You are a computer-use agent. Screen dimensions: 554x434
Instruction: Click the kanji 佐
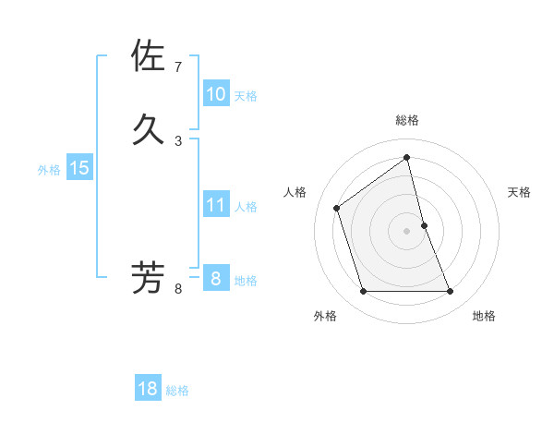pyautogui.click(x=149, y=56)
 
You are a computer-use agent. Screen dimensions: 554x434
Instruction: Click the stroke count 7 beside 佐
pyautogui.click(x=178, y=67)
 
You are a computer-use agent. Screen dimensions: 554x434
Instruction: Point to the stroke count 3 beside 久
pyautogui.click(x=178, y=140)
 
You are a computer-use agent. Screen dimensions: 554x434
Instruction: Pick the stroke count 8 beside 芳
pyautogui.click(x=178, y=289)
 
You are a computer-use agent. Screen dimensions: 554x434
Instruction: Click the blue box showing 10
pyautogui.click(x=215, y=94)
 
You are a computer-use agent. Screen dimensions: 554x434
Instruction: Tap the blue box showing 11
pyautogui.click(x=215, y=205)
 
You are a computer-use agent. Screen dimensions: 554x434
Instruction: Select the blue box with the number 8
pyautogui.click(x=215, y=279)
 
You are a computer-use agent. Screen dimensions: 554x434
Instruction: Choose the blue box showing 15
pyautogui.click(x=79, y=168)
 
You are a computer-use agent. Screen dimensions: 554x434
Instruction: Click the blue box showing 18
pyautogui.click(x=148, y=389)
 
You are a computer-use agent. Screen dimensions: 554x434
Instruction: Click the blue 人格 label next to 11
pyautogui.click(x=246, y=207)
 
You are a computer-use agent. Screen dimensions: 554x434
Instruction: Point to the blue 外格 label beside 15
pyautogui.click(x=49, y=170)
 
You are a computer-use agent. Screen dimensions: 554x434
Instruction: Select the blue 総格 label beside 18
pyautogui.click(x=177, y=391)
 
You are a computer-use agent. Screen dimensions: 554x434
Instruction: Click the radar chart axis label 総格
pyautogui.click(x=407, y=120)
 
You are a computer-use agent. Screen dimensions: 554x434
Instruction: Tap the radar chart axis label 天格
pyautogui.click(x=519, y=192)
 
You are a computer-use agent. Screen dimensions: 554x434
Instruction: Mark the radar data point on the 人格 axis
pyautogui.click(x=337, y=208)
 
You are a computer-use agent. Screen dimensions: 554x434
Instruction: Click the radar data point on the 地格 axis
pyautogui.click(x=451, y=292)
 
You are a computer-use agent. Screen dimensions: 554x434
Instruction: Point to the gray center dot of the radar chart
pyautogui.click(x=407, y=231)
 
